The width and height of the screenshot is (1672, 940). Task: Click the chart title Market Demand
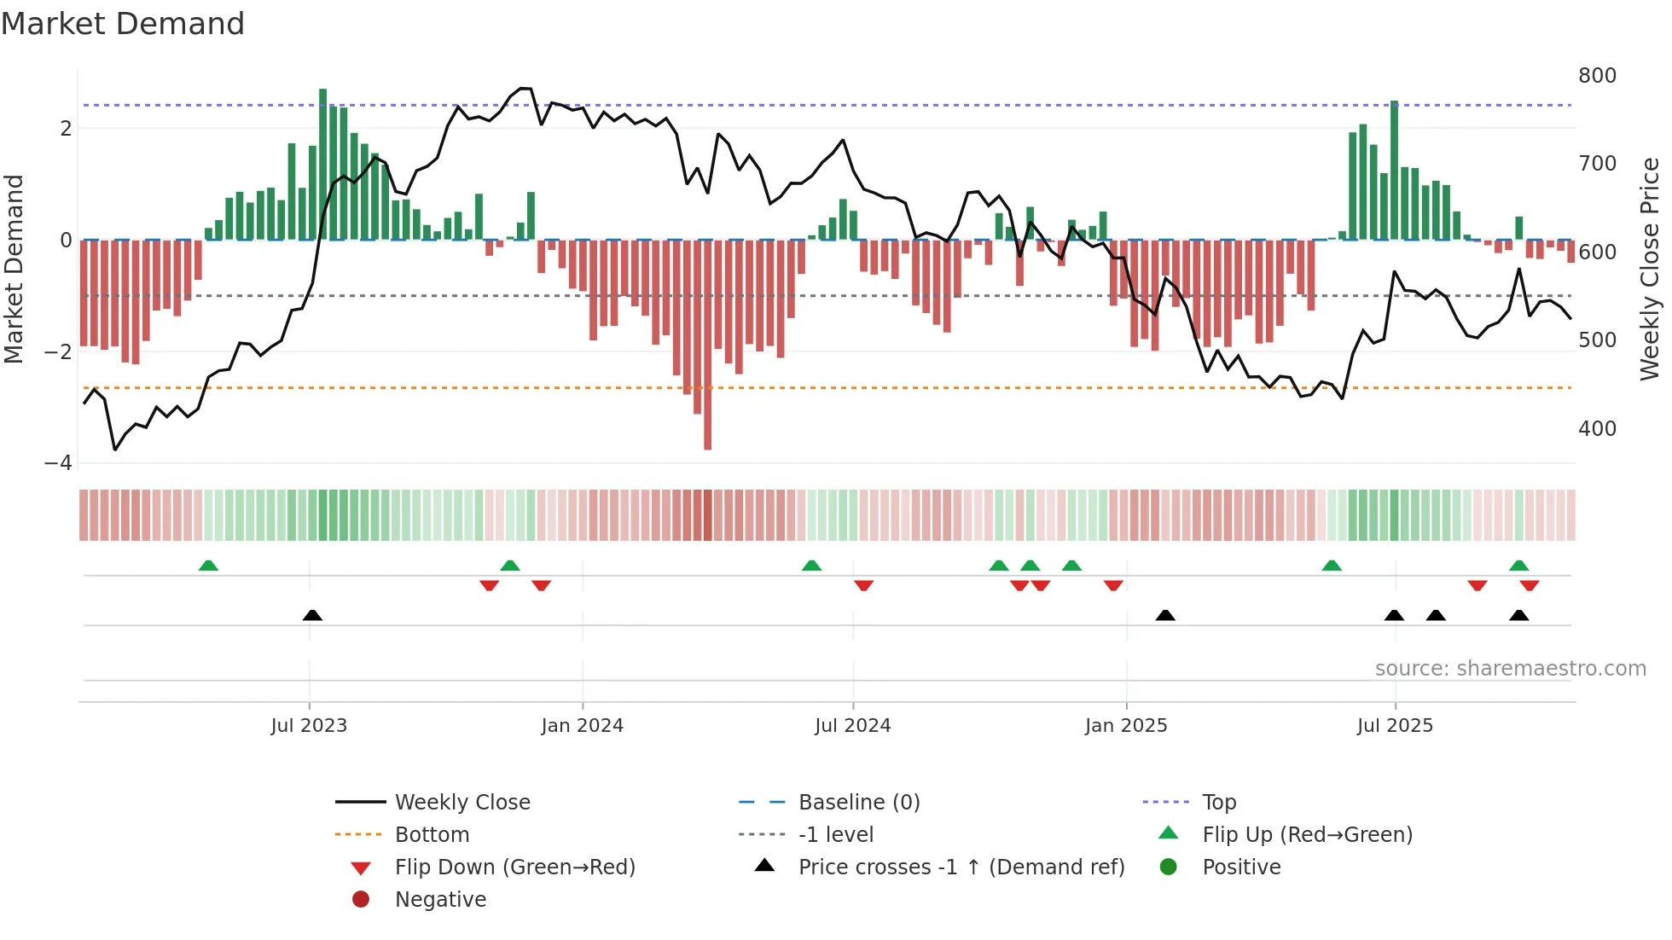[123, 24]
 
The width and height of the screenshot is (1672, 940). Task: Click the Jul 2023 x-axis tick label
[309, 726]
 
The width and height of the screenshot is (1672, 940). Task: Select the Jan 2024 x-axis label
[582, 726]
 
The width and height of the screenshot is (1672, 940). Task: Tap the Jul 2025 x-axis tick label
[1395, 726]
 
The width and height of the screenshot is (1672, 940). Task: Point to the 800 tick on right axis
[1597, 76]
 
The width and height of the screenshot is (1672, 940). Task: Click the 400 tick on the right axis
[1597, 429]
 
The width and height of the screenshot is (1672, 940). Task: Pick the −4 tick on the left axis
[59, 463]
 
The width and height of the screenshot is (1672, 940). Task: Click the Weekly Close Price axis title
[1650, 269]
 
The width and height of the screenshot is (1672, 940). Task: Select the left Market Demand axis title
[14, 269]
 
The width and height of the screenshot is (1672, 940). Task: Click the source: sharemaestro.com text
[1510, 669]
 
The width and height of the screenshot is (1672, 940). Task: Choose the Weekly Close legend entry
[462, 803]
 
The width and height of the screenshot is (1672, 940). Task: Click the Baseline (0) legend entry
[858, 803]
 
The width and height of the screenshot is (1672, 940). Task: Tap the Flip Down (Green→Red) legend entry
[514, 867]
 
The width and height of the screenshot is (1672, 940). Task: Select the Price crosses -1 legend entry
[961, 867]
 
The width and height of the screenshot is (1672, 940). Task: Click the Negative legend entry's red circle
[361, 900]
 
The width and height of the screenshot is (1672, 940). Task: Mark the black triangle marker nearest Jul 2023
[312, 615]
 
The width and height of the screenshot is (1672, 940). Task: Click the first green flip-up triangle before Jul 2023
[208, 566]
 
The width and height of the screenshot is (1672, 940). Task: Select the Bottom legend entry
[431, 835]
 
